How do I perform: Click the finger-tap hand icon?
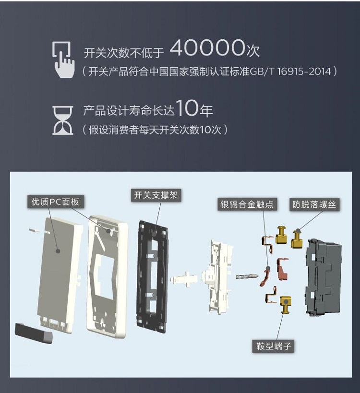[x=63, y=60]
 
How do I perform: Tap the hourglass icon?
[x=63, y=120]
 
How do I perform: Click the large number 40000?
[x=207, y=48]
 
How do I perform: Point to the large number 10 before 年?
[x=187, y=108]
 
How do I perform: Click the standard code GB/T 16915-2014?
[x=290, y=71]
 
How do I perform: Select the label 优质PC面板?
[x=55, y=202]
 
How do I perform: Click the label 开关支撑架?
[x=156, y=195]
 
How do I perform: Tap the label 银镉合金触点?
[x=247, y=204]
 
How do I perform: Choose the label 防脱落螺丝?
[x=314, y=204]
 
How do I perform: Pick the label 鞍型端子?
[x=274, y=346]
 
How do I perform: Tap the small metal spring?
[x=247, y=276]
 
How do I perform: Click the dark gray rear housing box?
[x=324, y=277]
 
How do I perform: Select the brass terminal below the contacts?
[x=286, y=305]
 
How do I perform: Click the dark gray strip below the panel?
[x=34, y=333]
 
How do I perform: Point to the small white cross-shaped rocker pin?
[x=184, y=279]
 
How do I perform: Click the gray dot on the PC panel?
[x=58, y=251]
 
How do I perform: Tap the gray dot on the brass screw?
[x=298, y=231]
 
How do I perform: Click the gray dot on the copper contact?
[x=268, y=268]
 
